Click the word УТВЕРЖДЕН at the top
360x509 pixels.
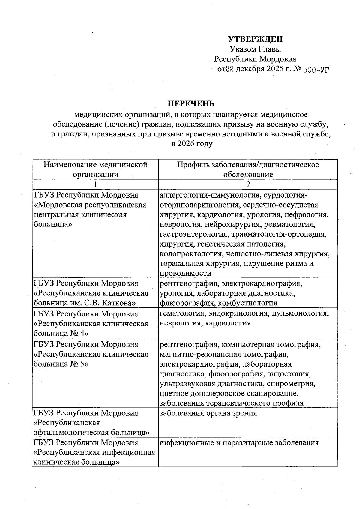[255, 39]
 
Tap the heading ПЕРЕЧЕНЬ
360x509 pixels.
[191, 104]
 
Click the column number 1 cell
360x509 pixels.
[95, 184]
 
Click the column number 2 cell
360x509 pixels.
[248, 184]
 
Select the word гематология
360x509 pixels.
[182, 313]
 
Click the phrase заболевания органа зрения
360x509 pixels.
[208, 413]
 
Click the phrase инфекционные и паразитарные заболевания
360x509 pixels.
[239, 442]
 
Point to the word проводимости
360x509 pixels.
[185, 273]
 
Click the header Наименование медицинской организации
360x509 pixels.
[95, 169]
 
